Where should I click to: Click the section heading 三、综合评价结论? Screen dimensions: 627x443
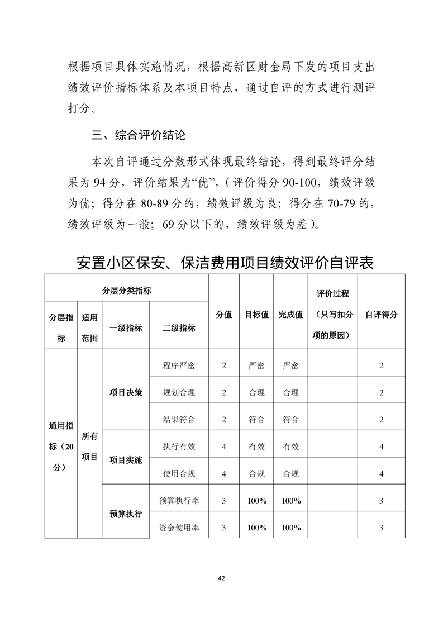tap(139, 135)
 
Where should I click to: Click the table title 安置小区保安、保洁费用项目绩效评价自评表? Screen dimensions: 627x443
tap(225, 263)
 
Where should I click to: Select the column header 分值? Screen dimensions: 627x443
tap(224, 315)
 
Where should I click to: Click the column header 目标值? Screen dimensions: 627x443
tap(256, 315)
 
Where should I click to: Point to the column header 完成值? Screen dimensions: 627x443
tap(290, 315)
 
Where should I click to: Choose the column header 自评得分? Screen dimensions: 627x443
tap(381, 315)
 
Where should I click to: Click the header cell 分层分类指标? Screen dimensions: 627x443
tap(127, 291)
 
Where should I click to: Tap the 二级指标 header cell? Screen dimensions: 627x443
tap(179, 328)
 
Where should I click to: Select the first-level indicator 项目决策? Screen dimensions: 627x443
tap(126, 392)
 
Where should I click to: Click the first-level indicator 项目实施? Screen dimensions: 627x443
tap(126, 460)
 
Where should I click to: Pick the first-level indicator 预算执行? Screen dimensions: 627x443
tap(126, 514)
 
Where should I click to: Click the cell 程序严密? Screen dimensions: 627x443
tap(179, 365)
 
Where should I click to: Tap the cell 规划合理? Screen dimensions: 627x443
tap(179, 392)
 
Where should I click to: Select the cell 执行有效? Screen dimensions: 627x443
tap(179, 446)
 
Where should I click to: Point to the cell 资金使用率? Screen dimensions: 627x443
tap(179, 528)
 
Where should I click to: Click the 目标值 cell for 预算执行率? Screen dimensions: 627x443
tap(256, 501)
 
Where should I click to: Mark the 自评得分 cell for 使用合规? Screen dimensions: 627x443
tap(381, 473)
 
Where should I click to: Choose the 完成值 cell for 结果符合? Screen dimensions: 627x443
tap(290, 419)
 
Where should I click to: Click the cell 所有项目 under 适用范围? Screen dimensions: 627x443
tap(89, 446)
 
